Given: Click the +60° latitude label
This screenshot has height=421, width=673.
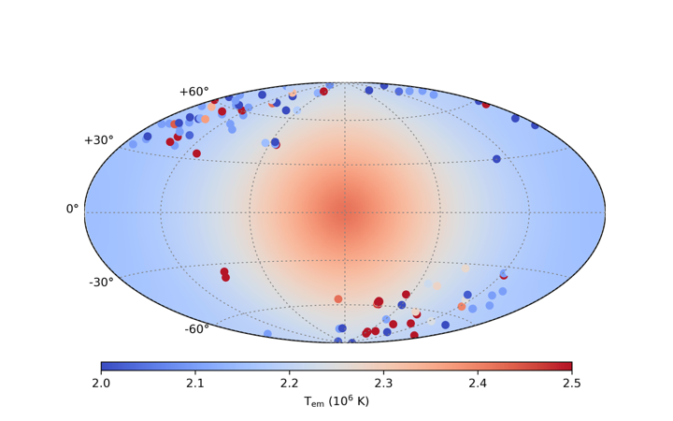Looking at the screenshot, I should (x=193, y=92).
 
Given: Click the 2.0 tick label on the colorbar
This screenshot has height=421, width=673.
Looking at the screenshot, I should (x=101, y=383).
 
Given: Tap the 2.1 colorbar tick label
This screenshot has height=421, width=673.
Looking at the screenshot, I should (x=195, y=383).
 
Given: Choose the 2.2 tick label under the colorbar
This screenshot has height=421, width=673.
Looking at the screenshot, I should (x=289, y=383).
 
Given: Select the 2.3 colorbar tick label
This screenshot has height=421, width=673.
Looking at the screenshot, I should (x=383, y=383).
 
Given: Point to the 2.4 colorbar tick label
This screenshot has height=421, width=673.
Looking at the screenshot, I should (x=478, y=383).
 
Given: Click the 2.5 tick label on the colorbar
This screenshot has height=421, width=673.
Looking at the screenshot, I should (x=571, y=383).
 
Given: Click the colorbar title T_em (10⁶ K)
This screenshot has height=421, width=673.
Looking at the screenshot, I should (x=336, y=401).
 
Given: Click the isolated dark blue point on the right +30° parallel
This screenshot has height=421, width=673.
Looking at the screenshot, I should (x=496, y=159).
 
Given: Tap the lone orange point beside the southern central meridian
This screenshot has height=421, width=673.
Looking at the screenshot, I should (x=338, y=299).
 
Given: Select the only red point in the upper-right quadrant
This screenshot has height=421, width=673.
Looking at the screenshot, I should (x=485, y=104).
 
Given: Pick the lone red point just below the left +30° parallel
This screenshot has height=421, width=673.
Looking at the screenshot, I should (x=196, y=153).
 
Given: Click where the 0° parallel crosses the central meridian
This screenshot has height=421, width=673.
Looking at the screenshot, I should (x=345, y=212).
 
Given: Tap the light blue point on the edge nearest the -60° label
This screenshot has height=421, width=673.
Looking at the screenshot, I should (x=267, y=334).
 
